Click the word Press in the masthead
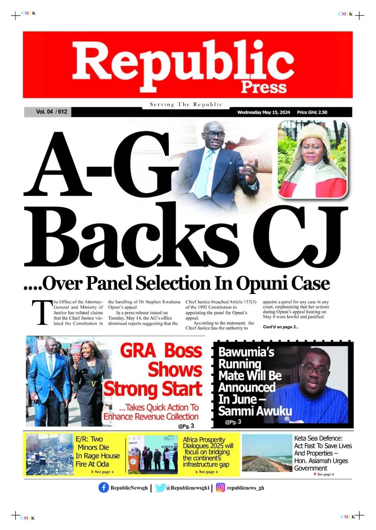click(264, 87)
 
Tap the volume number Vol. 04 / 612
click(51, 112)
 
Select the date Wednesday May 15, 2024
click(263, 112)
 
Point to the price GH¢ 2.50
click(312, 112)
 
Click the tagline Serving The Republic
click(186, 104)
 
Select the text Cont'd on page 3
click(281, 327)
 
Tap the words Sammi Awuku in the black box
click(255, 411)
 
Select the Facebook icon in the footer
click(104, 488)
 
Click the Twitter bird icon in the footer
click(160, 488)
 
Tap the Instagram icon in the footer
click(221, 488)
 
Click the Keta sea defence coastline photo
click(267, 453)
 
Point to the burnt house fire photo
click(50, 454)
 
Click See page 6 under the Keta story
click(325, 474)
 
